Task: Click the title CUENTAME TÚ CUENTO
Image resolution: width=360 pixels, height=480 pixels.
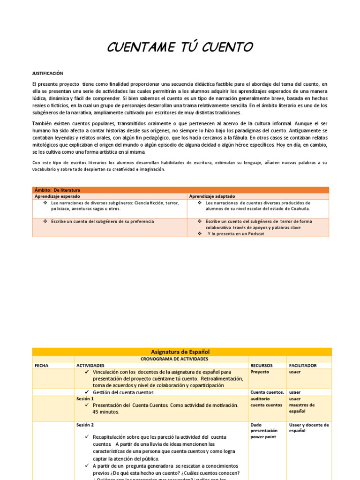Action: pos(180,47)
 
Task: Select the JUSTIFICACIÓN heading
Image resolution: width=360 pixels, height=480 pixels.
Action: pos(47,74)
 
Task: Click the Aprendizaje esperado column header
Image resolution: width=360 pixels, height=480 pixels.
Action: pos(57,196)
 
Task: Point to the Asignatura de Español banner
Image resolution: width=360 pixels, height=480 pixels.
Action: pos(180,352)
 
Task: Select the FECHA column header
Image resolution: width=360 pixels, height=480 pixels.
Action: pos(41,365)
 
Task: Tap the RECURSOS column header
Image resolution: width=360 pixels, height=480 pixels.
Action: pos(262,365)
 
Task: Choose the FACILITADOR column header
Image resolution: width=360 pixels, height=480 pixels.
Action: pos(303,365)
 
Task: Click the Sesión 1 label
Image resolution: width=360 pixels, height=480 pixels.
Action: pos(85,398)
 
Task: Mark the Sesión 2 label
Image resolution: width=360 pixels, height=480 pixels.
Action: pos(85,425)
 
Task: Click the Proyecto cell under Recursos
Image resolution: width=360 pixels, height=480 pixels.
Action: pos(260,372)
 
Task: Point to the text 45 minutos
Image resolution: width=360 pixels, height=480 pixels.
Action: pos(106,412)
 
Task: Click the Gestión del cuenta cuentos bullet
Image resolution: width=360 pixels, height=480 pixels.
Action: pos(123,392)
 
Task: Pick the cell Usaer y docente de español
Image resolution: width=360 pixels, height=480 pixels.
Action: pos(309,427)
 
